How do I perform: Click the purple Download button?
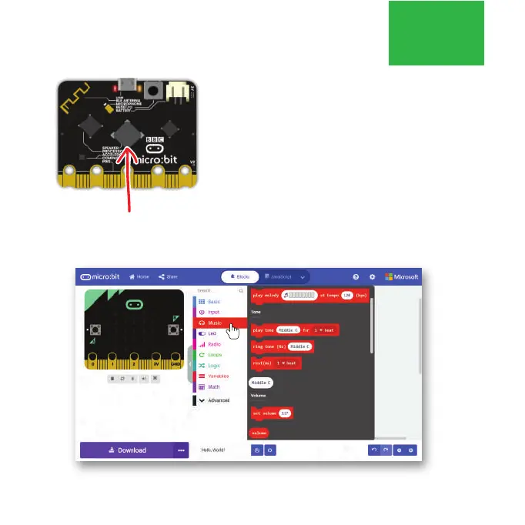tap(126, 450)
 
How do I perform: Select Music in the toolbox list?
tap(214, 323)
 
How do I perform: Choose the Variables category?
tap(218, 376)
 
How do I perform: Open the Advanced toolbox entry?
tap(218, 400)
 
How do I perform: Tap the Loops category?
tap(214, 355)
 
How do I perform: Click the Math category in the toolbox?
tap(213, 386)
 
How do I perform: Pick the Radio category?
tap(214, 344)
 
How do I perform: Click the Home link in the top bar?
tap(139, 276)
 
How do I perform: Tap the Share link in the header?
tap(168, 276)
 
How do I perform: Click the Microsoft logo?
tap(402, 276)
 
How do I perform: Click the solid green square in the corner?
tap(436, 32)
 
